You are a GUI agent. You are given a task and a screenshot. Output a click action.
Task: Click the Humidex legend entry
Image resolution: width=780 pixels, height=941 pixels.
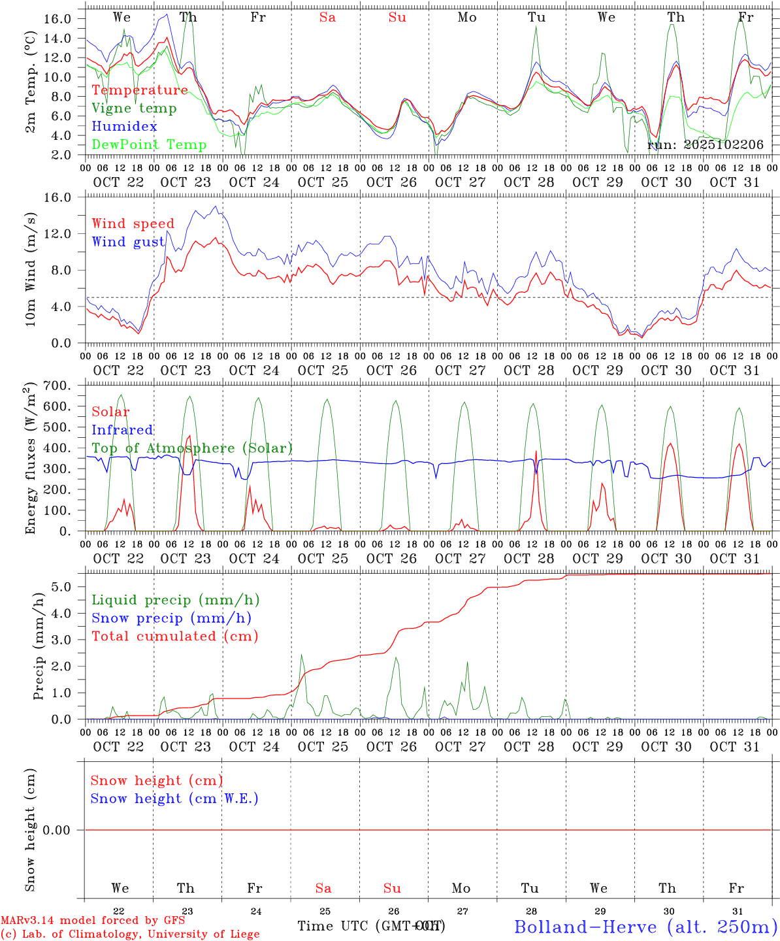(x=124, y=126)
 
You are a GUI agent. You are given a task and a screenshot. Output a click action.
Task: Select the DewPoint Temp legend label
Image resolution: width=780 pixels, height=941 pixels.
(x=149, y=144)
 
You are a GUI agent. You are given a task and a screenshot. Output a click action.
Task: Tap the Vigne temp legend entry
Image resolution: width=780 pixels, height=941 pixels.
(x=134, y=108)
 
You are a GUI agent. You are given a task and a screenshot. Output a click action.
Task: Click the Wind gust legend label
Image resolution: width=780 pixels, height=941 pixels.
(x=128, y=242)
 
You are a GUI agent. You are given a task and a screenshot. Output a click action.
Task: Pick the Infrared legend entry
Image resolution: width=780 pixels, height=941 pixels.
(x=122, y=430)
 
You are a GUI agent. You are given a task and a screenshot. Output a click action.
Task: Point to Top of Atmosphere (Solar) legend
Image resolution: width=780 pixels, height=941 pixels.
(x=192, y=448)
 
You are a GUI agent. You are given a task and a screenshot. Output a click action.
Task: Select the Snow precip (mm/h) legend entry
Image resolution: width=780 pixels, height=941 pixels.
(x=171, y=618)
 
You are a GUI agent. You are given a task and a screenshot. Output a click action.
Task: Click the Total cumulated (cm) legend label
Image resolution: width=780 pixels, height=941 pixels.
(x=174, y=636)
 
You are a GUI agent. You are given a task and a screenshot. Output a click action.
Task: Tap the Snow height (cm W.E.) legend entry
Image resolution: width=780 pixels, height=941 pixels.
(x=174, y=799)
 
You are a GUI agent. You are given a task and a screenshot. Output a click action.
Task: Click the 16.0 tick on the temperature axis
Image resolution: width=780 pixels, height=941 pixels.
(x=57, y=19)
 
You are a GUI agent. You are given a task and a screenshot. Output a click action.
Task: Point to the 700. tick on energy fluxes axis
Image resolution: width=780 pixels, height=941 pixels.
(x=56, y=386)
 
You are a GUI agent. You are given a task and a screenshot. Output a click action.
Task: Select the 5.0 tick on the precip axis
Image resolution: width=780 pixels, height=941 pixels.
(x=61, y=587)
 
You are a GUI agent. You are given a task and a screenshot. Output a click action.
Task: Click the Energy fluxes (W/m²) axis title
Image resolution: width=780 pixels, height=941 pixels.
(x=30, y=459)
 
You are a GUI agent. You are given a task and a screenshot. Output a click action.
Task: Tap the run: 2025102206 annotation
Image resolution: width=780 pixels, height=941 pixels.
(x=705, y=144)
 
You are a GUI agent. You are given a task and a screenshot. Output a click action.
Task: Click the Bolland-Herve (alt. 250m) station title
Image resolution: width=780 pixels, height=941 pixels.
(x=645, y=926)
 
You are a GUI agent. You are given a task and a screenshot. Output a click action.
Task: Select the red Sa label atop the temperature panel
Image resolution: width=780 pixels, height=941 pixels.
(x=327, y=18)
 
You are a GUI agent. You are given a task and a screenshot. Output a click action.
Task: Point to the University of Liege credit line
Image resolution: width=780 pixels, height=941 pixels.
(x=130, y=934)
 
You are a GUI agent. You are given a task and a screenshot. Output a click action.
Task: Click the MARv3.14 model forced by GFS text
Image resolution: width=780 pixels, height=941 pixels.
(x=93, y=920)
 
